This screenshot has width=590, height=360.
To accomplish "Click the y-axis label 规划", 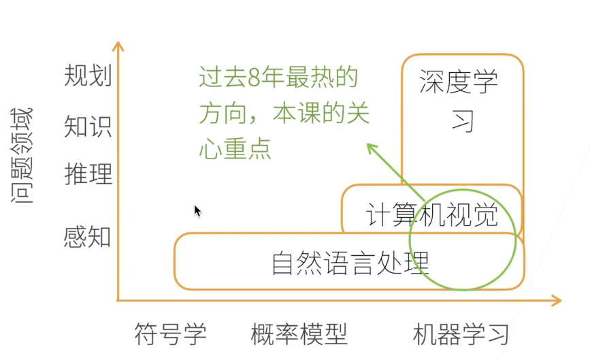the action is click(x=88, y=76).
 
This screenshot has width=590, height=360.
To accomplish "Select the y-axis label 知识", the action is click(x=88, y=127).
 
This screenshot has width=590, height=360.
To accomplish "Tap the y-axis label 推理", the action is click(x=88, y=174).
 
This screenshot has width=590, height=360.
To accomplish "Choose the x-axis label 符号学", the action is click(x=170, y=334).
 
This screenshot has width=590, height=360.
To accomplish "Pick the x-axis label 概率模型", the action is click(x=299, y=334).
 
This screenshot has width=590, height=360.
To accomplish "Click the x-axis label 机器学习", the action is click(x=461, y=334).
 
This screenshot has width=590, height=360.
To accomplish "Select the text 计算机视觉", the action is click(x=431, y=216).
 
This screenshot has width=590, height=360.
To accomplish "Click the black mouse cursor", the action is click(x=197, y=211).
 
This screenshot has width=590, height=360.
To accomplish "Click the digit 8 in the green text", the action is click(x=255, y=79).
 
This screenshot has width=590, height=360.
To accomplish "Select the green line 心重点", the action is click(x=235, y=149).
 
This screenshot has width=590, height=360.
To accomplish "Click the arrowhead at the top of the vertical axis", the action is click(x=118, y=46).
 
